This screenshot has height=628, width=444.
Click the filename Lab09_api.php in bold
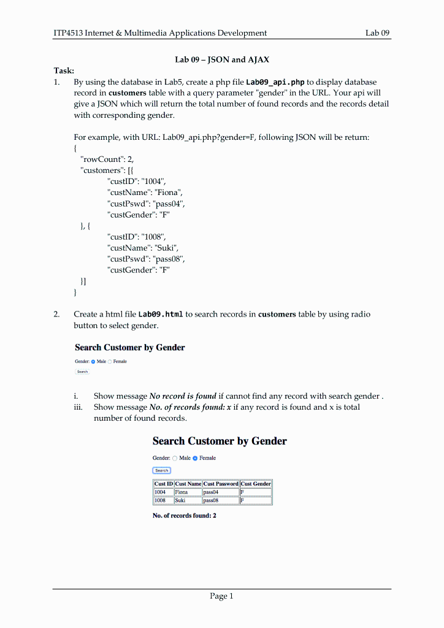click(x=275, y=82)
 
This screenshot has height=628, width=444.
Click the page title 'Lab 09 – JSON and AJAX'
click(x=222, y=59)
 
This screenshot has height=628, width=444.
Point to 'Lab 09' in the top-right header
click(x=378, y=33)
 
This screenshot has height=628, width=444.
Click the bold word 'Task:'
click(x=64, y=71)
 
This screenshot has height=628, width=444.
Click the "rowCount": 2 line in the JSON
click(x=107, y=159)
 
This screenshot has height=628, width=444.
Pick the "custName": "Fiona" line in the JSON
click(x=145, y=193)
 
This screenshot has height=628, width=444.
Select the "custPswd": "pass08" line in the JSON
click(x=146, y=259)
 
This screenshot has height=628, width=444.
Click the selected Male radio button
click(x=93, y=362)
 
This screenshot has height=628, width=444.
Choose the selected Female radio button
click(x=195, y=458)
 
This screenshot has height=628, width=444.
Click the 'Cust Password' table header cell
click(x=221, y=484)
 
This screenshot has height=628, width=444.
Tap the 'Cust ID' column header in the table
click(x=163, y=484)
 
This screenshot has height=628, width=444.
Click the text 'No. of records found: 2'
click(x=184, y=516)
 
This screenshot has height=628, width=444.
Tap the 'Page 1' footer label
click(x=221, y=596)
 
